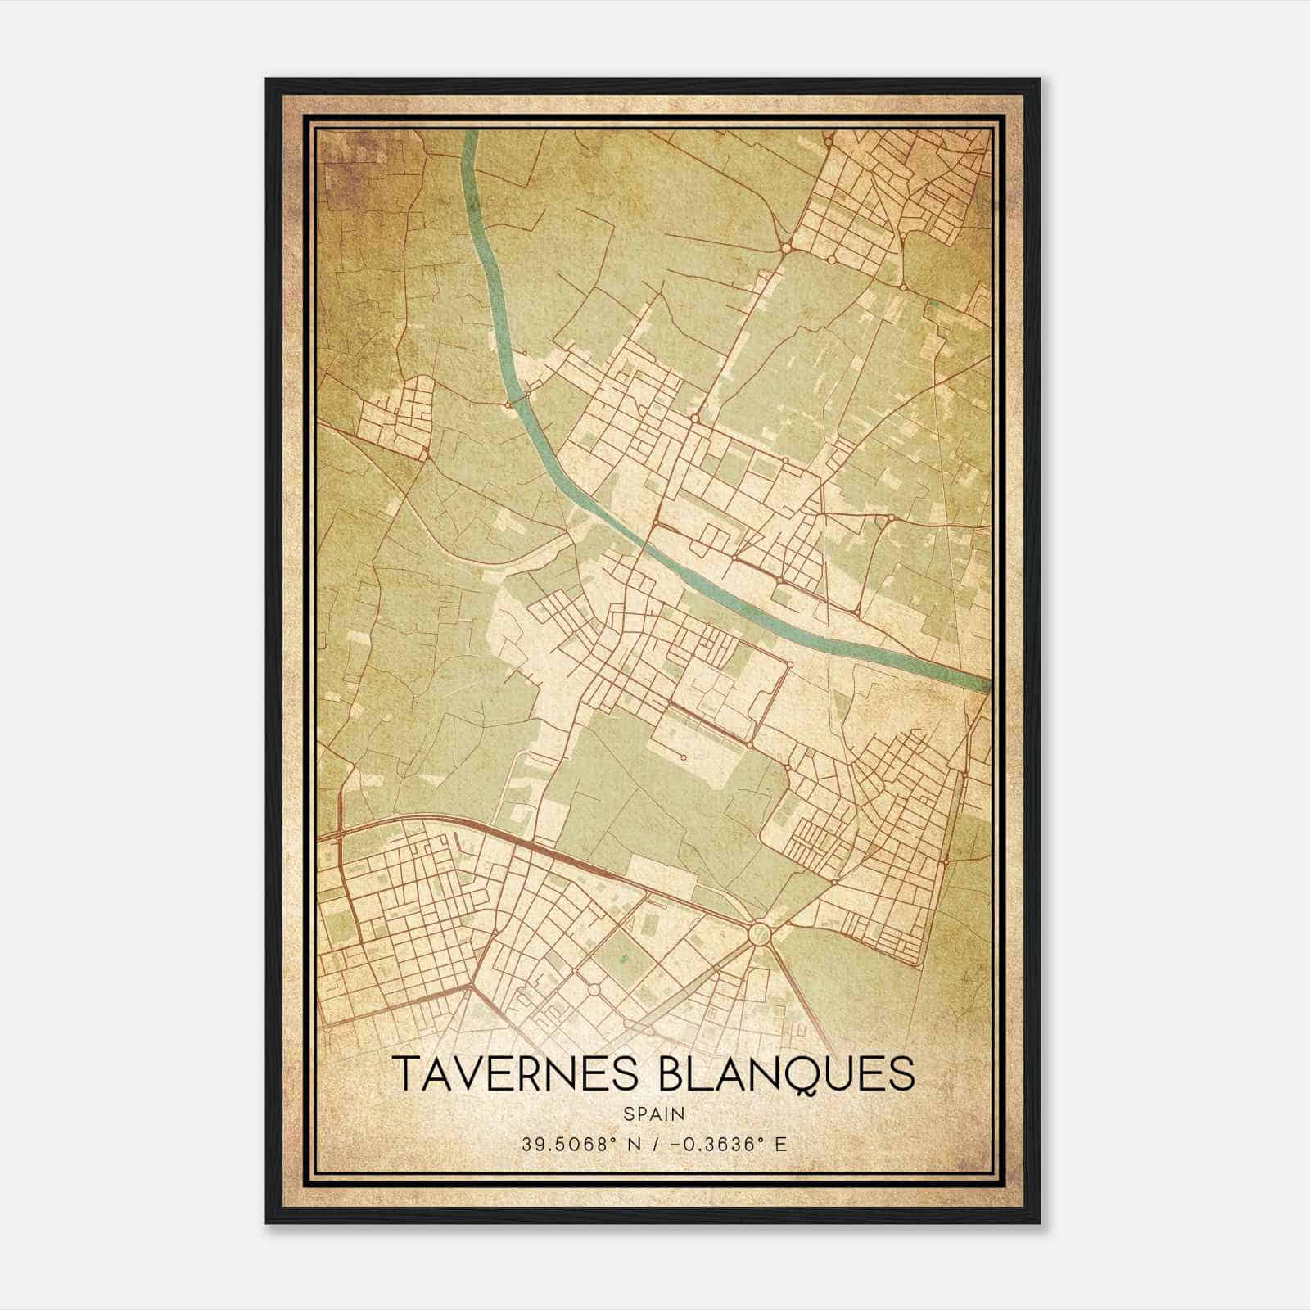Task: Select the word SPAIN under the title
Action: tap(654, 1114)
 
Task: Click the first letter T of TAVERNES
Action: tap(407, 1074)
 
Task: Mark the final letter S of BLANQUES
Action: tap(901, 1074)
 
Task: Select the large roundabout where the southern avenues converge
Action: tap(759, 932)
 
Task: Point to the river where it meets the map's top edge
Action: tap(471, 135)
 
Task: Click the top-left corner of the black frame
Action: tap(268, 80)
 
